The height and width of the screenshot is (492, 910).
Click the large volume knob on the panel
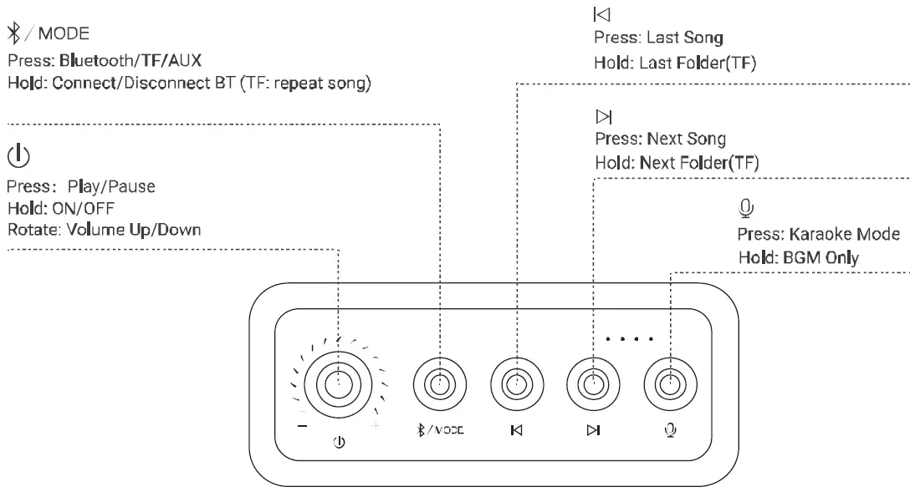pos(338,385)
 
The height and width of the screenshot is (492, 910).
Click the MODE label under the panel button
pos(448,431)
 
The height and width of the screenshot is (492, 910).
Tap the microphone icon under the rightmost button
pos(668,431)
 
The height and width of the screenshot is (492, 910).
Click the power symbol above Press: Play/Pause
pos(18,155)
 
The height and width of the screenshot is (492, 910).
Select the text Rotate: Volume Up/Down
pos(104,230)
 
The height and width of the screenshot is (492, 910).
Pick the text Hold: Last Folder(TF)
pos(674,63)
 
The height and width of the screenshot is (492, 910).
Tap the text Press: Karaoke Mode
pos(818,234)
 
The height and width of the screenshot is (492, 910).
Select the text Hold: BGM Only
pos(797,258)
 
